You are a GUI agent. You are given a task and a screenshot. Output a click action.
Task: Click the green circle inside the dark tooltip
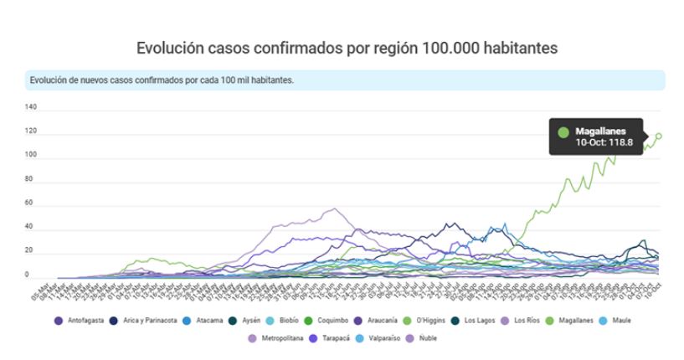coord(563,132)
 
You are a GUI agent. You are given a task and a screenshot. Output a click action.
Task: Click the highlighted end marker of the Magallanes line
coord(659,136)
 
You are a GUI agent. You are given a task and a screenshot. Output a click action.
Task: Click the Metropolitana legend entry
coord(276,338)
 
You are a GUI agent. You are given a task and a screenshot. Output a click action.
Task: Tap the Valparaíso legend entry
coord(390,338)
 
